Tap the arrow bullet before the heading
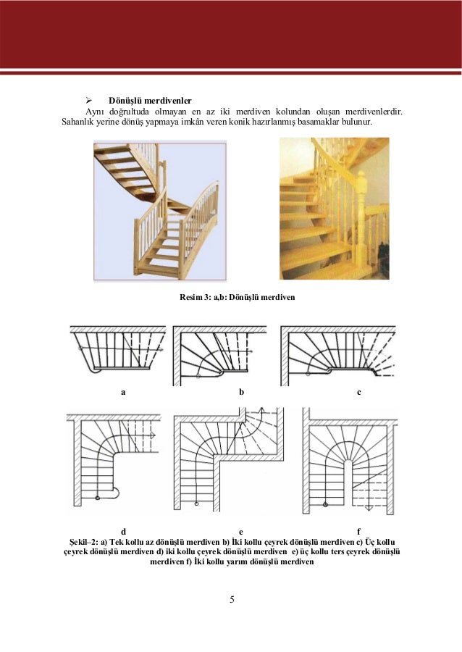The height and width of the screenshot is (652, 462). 91,99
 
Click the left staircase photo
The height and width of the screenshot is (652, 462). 160,210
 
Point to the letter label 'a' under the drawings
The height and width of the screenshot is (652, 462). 123,392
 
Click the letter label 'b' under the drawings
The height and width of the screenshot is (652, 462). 241,392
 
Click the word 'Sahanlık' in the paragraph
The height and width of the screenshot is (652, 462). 80,124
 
